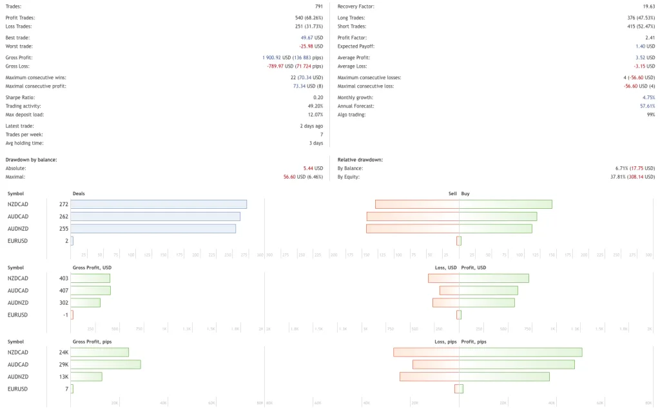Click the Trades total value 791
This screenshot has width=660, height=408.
pos(318,6)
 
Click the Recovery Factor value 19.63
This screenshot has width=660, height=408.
pos(648,6)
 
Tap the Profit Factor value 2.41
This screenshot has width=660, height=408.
pos(650,37)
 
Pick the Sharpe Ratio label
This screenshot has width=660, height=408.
pos(20,97)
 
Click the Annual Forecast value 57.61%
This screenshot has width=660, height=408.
pos(647,106)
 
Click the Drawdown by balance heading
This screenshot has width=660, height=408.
pos(31,159)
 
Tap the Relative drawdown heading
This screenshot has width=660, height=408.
pos(360,159)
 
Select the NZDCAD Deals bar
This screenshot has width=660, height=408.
pos(159,204)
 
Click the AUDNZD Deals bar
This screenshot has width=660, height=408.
pos(153,228)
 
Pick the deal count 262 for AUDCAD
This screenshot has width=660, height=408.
pos(63,217)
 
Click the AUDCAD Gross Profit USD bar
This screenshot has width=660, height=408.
pos(90,291)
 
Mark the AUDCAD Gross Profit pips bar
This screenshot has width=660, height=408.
pos(106,365)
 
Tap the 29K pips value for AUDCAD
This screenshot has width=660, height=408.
pos(63,365)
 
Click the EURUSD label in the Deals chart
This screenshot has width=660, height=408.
pos(18,240)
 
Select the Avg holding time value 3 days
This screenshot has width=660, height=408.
pos(316,143)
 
